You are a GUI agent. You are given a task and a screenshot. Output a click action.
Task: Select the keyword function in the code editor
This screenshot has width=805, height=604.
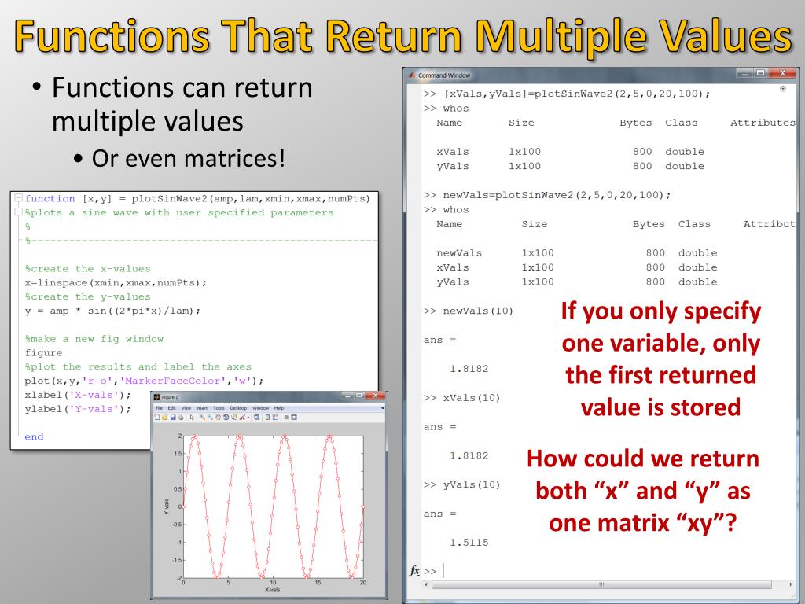(x=50, y=198)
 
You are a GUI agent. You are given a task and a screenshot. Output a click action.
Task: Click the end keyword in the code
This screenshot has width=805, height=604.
(x=34, y=436)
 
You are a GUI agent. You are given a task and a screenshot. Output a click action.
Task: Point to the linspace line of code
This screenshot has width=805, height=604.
(x=116, y=282)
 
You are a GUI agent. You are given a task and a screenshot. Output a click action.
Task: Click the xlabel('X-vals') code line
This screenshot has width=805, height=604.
(x=77, y=394)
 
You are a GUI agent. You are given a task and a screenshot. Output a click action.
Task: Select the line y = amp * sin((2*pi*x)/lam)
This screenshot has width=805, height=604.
(x=112, y=311)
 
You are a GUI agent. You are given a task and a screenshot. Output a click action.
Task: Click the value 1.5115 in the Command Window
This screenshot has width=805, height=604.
(x=469, y=542)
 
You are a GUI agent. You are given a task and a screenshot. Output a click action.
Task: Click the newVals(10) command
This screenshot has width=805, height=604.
(x=474, y=311)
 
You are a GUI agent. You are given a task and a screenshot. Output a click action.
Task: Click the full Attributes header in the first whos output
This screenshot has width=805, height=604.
(x=762, y=123)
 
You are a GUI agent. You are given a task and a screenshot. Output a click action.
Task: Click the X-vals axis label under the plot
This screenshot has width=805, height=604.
(x=272, y=589)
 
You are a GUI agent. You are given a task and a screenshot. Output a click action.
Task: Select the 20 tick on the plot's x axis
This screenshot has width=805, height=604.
(x=362, y=583)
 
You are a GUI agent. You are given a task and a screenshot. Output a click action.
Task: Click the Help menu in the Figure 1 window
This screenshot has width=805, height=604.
(x=278, y=408)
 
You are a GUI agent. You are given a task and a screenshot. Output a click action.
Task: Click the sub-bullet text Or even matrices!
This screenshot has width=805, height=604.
(x=188, y=158)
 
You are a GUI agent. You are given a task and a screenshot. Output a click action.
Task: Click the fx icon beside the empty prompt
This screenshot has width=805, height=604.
(x=414, y=570)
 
